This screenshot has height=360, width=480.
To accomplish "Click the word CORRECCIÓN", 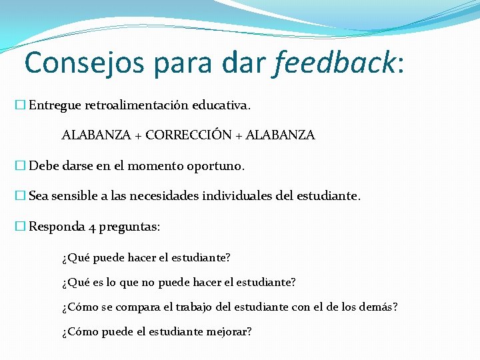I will click(x=188, y=135).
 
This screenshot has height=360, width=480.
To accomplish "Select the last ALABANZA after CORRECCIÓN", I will click(x=280, y=135).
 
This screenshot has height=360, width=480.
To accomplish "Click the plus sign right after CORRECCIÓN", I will click(x=239, y=136).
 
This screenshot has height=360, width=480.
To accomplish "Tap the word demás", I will click(x=378, y=307).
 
